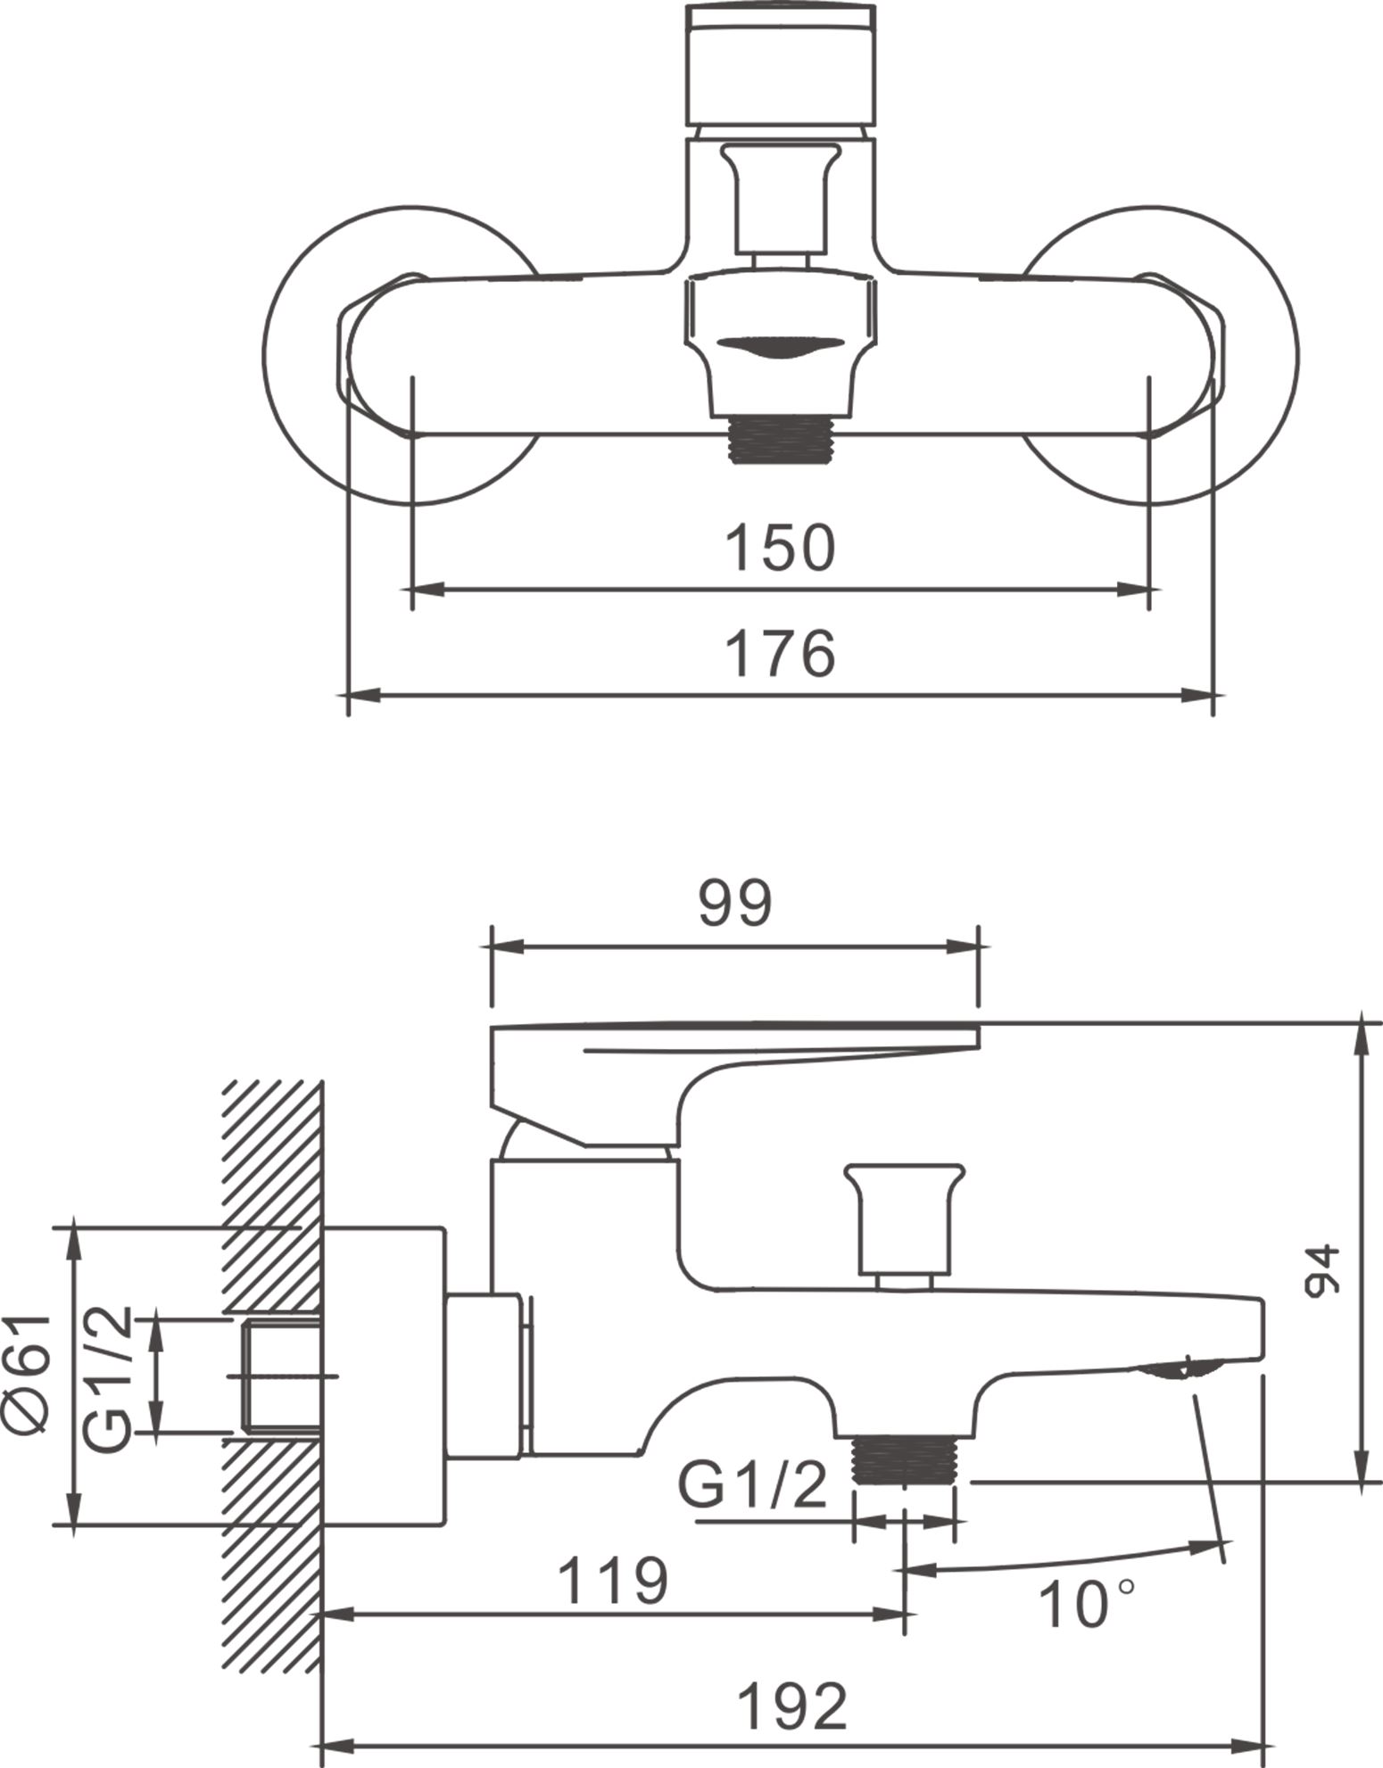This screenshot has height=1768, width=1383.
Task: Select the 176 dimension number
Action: coord(780,653)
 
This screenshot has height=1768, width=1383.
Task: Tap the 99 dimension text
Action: coord(734,904)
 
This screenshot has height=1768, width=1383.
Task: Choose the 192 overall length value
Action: coord(792,1706)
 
